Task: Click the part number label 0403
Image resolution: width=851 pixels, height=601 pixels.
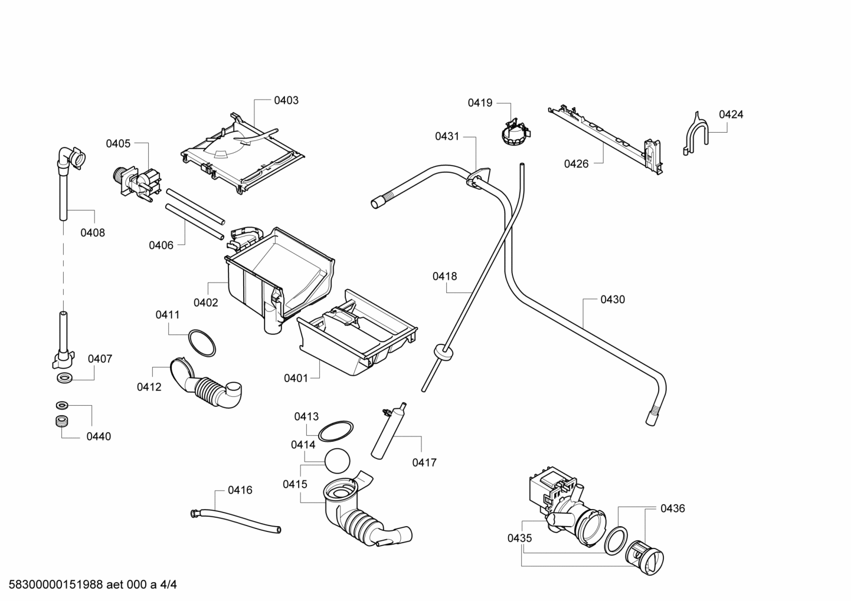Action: click(286, 100)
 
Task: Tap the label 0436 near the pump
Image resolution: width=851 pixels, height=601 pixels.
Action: click(672, 508)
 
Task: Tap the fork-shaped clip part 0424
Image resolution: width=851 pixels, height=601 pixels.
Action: click(695, 134)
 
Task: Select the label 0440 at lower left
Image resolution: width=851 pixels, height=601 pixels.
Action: click(98, 436)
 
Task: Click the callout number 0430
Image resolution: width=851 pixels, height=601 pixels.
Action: click(612, 300)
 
